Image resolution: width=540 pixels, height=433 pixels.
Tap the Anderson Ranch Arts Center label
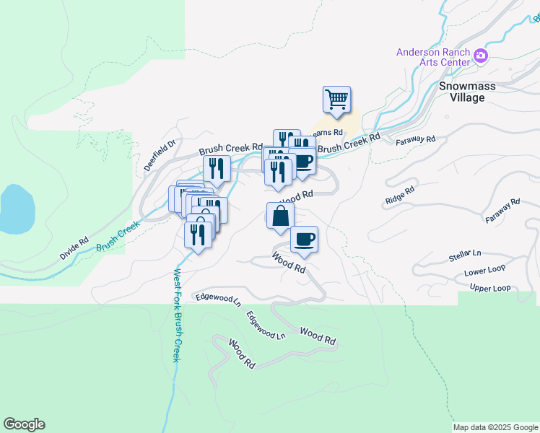pos(432,58)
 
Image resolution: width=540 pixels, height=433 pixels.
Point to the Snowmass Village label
pos(462,91)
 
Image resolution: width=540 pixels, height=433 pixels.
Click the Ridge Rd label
pos(399,194)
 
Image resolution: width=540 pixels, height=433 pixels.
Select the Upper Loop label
pos(490,288)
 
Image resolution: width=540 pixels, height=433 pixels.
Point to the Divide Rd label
pos(74,249)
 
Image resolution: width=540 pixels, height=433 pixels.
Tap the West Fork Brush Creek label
pos(176,315)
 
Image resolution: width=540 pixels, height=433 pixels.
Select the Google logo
pos(24,424)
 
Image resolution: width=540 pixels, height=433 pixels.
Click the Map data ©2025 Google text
pos(495,427)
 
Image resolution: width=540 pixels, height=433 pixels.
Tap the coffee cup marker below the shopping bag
pos(305,239)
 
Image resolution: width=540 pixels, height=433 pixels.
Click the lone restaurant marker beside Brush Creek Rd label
pos(217,169)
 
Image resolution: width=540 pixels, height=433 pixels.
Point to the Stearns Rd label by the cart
pos(326,133)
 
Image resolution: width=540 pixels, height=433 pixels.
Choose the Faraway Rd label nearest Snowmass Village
pos(416,139)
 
